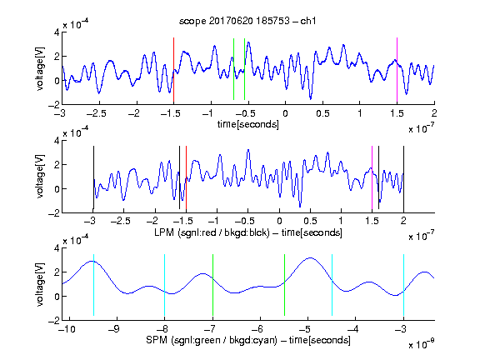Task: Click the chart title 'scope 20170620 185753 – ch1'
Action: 247,21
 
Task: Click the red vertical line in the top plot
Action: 173,70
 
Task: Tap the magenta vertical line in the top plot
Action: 397,70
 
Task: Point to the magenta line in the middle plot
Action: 372,177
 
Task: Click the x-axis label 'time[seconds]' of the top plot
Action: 248,124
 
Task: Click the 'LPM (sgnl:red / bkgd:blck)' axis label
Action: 212,232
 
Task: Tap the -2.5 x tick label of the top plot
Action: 97,114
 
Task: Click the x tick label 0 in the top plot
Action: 285,114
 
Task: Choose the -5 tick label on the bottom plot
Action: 305,329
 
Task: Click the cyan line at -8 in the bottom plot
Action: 165,285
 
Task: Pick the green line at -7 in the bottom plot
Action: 212,285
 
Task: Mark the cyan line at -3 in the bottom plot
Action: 404,285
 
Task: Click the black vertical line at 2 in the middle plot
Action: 403,177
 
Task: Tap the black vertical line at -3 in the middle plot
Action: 93,177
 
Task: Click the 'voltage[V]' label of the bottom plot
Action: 40,284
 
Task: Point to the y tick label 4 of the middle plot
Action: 57,141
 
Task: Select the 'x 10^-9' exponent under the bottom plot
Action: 422,344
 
